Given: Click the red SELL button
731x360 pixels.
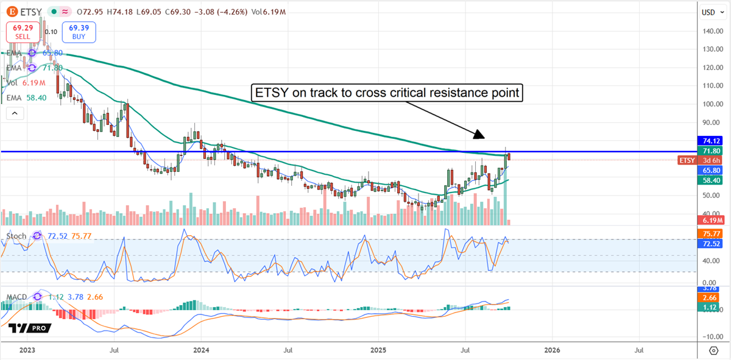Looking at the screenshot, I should (22, 32).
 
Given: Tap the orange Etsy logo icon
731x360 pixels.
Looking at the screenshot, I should (10, 12).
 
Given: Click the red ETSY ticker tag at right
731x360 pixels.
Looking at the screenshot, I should (687, 160).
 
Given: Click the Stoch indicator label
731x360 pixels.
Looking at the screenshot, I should (16, 236).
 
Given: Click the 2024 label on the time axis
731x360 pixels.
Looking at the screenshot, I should (201, 350).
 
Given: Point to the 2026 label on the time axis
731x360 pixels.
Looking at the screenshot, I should (552, 350).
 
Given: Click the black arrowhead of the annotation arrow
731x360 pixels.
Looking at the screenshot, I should (479, 133).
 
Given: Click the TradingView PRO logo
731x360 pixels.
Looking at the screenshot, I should (29, 328).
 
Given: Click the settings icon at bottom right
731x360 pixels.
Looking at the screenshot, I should (713, 350).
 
